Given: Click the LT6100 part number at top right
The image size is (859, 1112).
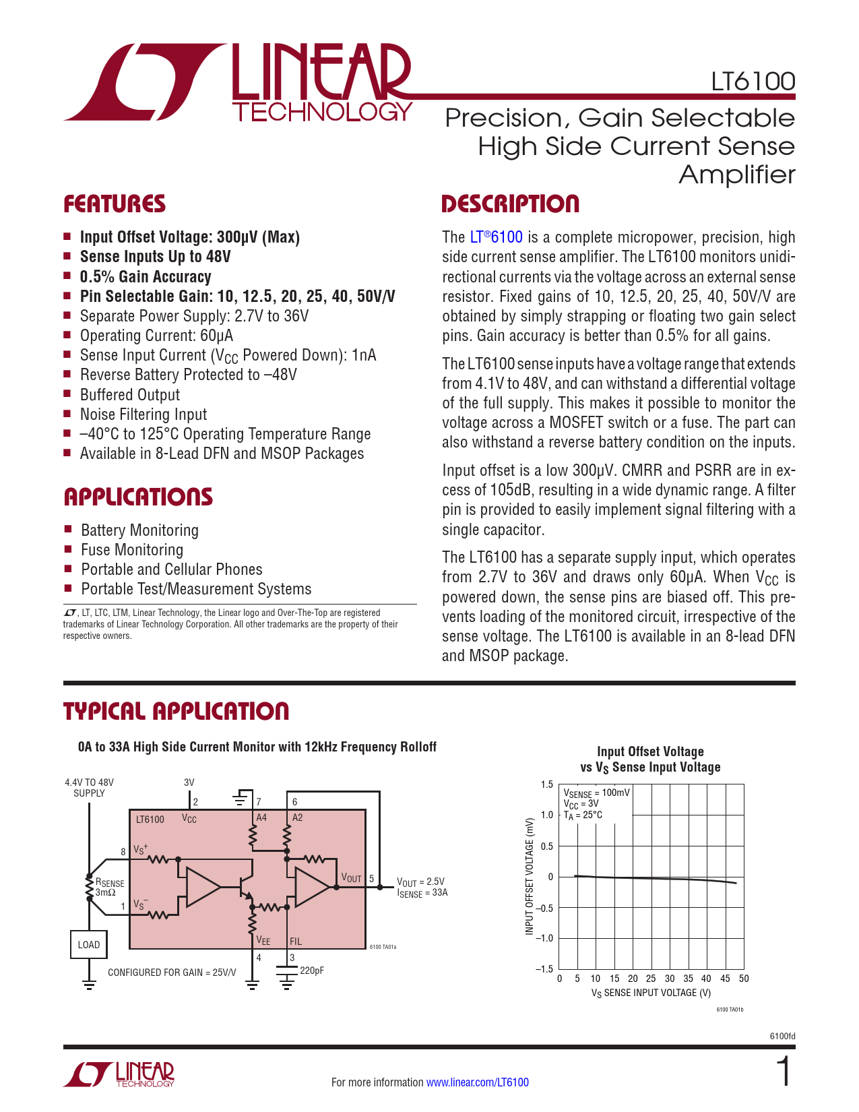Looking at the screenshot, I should [753, 82].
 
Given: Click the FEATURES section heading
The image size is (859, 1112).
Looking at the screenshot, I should [115, 204].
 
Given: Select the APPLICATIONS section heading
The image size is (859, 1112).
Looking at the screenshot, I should [138, 497].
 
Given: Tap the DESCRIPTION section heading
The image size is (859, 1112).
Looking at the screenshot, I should [510, 204].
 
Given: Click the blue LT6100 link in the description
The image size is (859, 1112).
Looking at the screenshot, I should [496, 237].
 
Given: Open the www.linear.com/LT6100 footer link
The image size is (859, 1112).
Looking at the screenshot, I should [478, 1082].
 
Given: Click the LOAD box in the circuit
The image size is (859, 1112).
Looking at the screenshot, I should [89, 944].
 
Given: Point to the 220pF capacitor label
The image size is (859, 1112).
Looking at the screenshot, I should [312, 970].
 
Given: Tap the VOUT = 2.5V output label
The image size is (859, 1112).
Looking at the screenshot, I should [421, 882].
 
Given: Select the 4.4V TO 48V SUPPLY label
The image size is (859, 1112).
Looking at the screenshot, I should [89, 788].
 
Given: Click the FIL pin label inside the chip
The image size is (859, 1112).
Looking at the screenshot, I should [295, 941].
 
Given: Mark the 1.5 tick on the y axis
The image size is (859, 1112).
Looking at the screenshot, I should [546, 784].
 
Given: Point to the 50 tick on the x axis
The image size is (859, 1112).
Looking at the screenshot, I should [744, 979].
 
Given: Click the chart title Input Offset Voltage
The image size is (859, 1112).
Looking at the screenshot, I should [650, 751].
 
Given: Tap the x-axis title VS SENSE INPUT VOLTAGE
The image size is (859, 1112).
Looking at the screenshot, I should [651, 993].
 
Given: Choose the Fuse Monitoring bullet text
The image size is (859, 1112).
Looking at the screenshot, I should [132, 550].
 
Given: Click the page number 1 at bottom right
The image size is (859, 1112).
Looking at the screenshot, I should [784, 1073].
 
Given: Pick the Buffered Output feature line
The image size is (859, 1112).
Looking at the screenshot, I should [130, 395].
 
